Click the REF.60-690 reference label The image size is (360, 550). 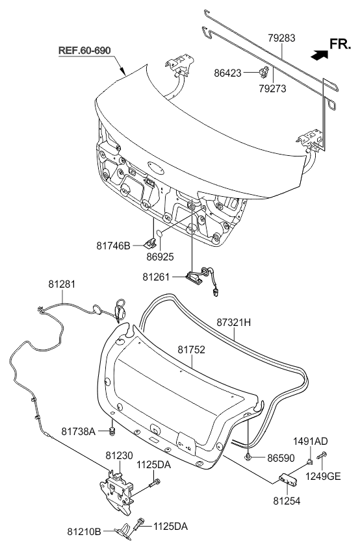[84, 51]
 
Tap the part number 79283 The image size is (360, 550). [281, 38]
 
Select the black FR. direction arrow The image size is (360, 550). [319, 55]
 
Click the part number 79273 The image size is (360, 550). [273, 89]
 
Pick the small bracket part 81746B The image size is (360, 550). [151, 242]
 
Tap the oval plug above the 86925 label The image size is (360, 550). [160, 233]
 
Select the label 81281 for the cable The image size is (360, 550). [62, 284]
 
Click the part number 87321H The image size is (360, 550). [233, 322]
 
